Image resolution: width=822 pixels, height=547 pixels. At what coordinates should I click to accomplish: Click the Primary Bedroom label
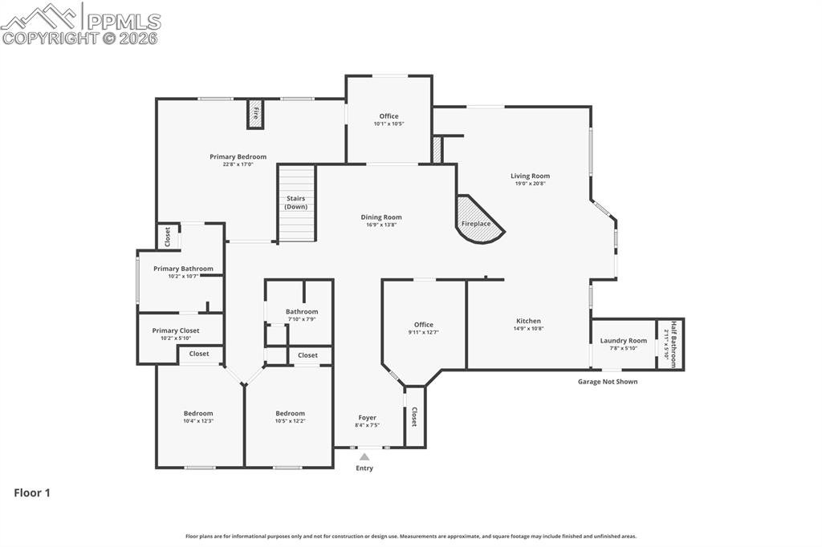coord(238,156)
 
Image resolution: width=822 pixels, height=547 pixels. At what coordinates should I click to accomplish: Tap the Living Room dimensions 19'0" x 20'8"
coord(530,184)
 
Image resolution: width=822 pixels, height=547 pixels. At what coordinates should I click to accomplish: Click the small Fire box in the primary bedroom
coord(255,114)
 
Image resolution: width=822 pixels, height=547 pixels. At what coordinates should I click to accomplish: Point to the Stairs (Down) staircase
coord(296,203)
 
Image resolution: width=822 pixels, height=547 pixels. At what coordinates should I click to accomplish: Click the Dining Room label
coord(380,217)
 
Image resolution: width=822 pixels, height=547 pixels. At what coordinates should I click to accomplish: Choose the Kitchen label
coord(528,321)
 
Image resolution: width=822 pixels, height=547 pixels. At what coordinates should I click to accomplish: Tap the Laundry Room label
coord(623,341)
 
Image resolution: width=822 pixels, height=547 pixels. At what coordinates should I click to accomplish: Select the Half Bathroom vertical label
coord(673,344)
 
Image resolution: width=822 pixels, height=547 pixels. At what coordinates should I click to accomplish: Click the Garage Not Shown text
coord(608,382)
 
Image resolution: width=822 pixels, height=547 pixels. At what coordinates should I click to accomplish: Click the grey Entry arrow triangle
coord(364,457)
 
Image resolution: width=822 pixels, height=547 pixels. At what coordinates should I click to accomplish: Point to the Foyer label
coord(367,418)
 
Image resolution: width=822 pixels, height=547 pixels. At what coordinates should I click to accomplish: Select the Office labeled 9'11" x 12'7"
coord(423,325)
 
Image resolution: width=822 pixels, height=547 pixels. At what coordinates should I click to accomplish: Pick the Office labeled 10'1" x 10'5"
coord(389,116)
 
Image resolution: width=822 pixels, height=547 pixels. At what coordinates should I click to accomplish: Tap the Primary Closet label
coord(176,330)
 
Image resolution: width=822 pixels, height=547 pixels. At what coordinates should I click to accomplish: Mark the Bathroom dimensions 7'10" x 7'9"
coord(301,319)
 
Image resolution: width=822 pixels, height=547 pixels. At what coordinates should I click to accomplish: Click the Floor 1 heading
coord(32,493)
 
